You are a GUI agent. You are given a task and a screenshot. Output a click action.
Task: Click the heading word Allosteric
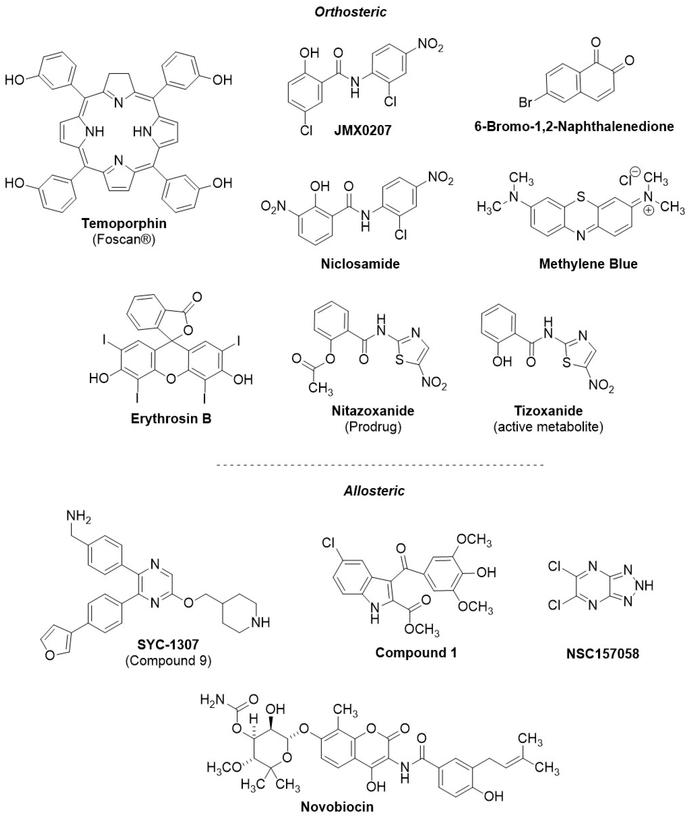[374, 491]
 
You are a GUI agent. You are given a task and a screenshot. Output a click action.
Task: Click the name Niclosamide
[360, 264]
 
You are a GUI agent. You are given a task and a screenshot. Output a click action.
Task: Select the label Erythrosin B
[171, 419]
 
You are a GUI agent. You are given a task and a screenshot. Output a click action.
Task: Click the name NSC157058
[602, 653]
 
